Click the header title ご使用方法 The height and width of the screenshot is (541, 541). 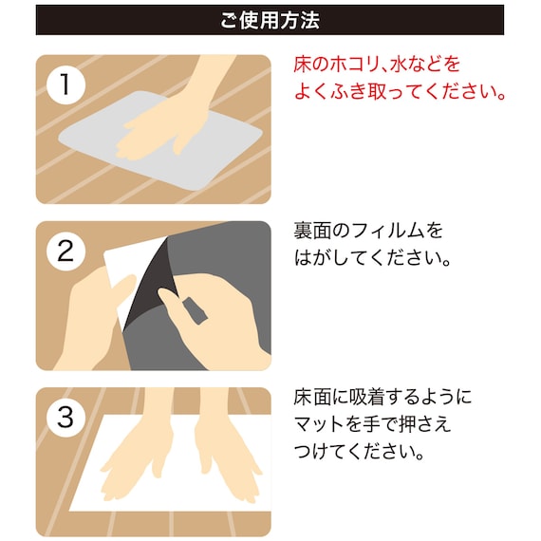(270, 19)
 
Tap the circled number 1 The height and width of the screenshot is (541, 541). (65, 84)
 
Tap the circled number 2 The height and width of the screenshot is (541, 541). (65, 252)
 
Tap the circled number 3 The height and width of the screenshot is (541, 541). (65, 418)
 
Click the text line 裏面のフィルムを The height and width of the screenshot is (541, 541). (369, 231)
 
